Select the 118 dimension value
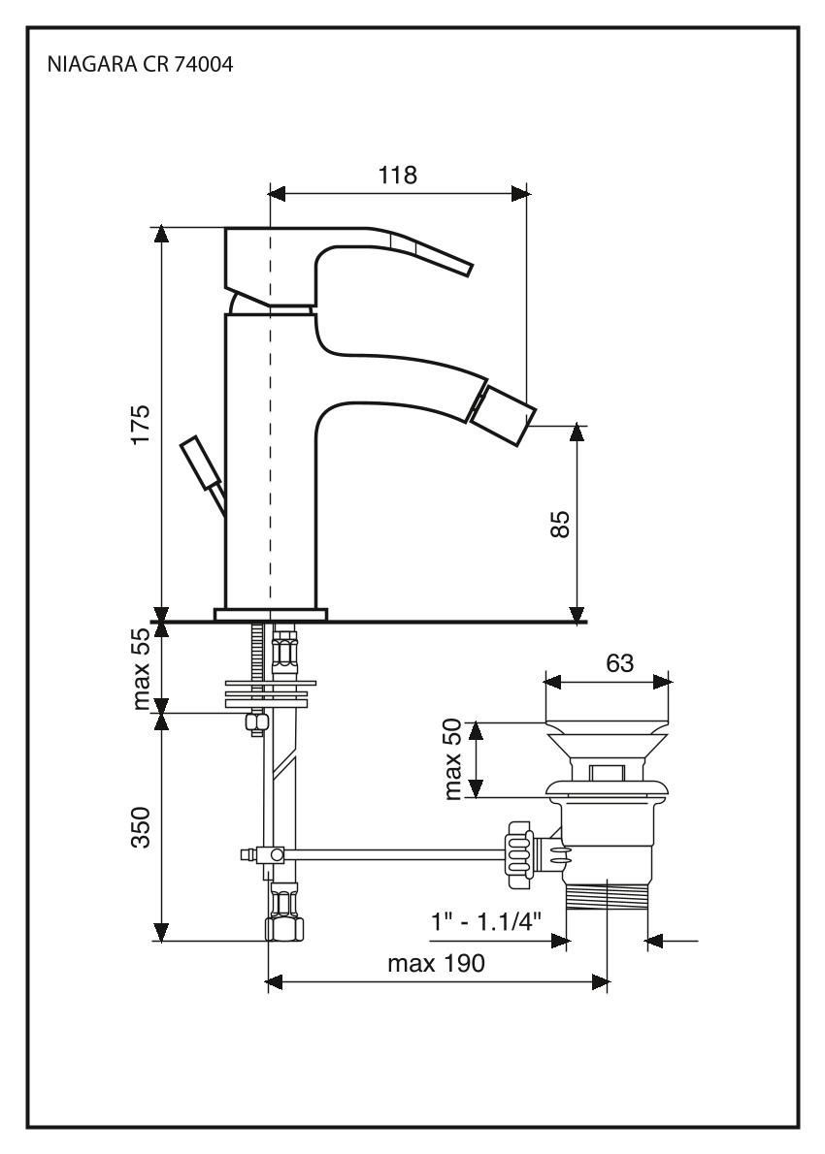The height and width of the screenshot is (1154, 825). coord(398,175)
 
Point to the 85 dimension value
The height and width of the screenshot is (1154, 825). coord(559,524)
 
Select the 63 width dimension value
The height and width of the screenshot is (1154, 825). coord(618,663)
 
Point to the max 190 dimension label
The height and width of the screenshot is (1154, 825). coord(436,964)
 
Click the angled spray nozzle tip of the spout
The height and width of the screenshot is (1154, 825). coord(503,414)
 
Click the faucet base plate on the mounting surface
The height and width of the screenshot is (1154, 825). coord(271,613)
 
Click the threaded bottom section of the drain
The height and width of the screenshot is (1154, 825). coord(607,896)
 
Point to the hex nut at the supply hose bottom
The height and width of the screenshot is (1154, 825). coord(283,928)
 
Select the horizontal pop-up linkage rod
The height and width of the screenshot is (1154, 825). coord(388,853)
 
